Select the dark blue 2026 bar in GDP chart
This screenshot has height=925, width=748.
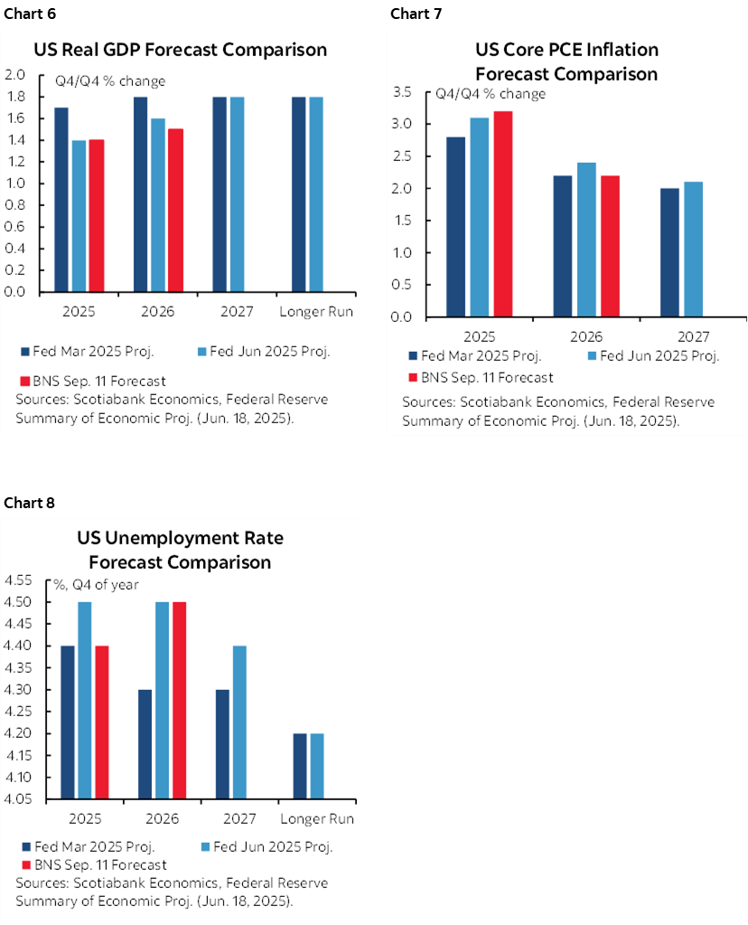click(141, 193)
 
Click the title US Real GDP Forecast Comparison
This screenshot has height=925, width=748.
click(181, 49)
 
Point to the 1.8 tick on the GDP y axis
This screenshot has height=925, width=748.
click(19, 97)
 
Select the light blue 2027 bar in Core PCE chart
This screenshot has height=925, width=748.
click(693, 249)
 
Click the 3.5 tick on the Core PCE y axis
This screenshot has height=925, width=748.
click(403, 92)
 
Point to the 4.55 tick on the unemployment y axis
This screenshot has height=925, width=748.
click(19, 580)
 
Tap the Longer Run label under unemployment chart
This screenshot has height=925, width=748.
click(316, 819)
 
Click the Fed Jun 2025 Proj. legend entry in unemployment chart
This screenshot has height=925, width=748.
click(271, 846)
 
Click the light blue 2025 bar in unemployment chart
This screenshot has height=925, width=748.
click(84, 700)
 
